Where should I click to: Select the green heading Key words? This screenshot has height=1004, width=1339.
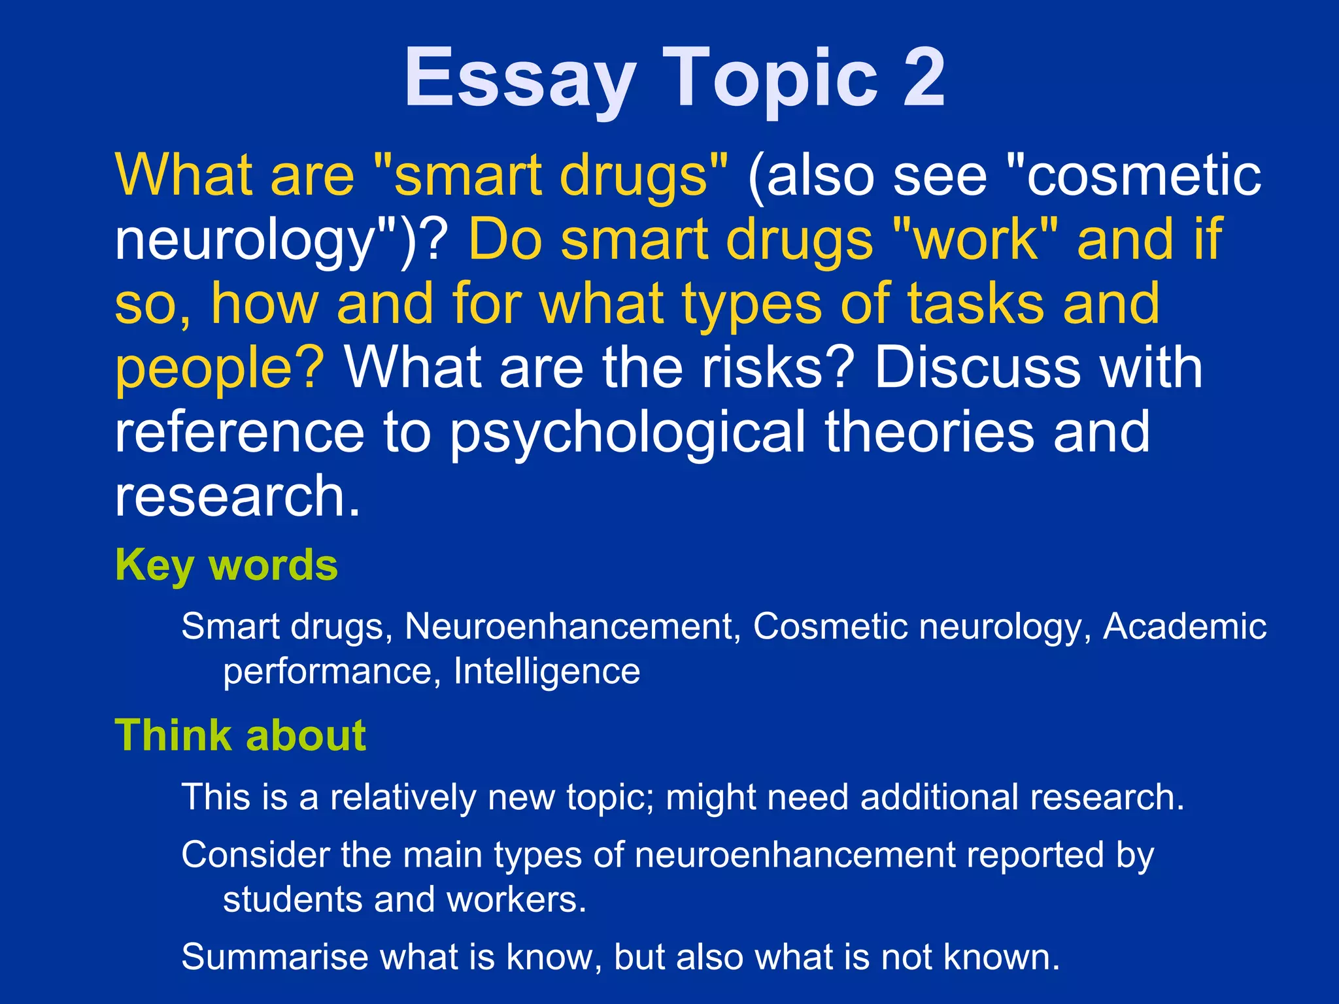click(x=226, y=566)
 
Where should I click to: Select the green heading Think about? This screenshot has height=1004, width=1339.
click(x=240, y=736)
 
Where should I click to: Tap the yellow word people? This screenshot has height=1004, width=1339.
click(x=220, y=369)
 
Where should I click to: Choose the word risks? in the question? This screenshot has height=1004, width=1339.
click(x=778, y=367)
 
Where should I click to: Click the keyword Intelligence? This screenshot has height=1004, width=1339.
click(x=547, y=672)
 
